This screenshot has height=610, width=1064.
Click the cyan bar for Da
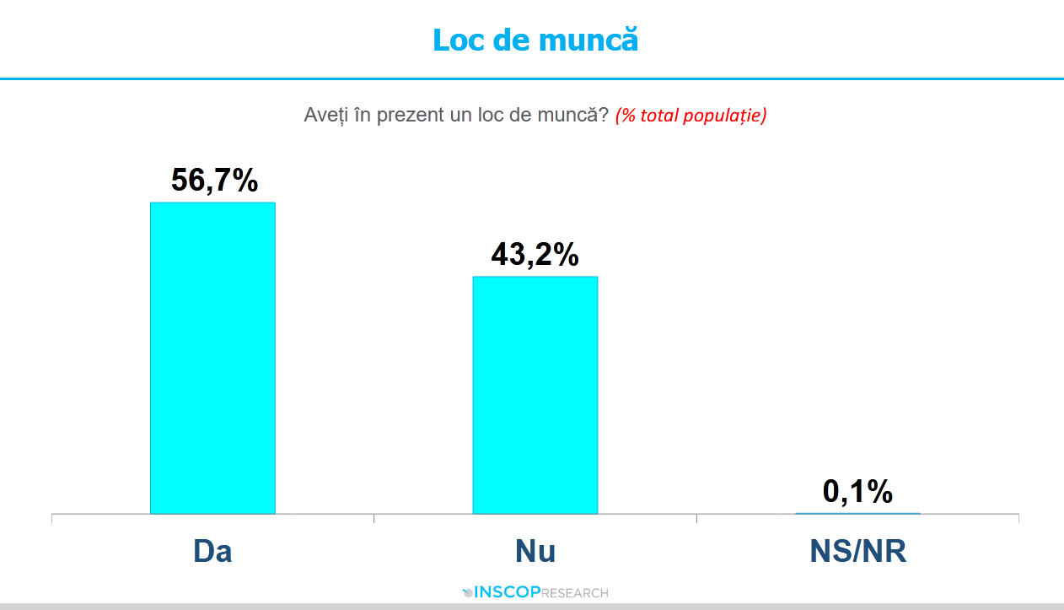[x=212, y=358]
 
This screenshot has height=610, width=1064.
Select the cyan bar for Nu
[x=535, y=395]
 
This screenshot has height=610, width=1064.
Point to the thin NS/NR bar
[x=857, y=513]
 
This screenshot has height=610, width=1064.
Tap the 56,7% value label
[x=214, y=180]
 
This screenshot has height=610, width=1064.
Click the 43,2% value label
[x=535, y=254]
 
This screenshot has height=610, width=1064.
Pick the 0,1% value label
[x=857, y=491]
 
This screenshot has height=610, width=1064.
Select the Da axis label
[x=212, y=551]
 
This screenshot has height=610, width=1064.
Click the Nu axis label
[x=535, y=551]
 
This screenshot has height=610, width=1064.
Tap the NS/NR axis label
[x=857, y=551]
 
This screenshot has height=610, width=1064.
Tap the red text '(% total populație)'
[x=691, y=116]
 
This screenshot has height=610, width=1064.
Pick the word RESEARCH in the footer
[x=574, y=593]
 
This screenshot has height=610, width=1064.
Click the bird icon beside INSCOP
[x=469, y=592]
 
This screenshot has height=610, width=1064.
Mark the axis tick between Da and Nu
[x=373, y=518]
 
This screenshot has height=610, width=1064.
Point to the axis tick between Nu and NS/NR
[x=696, y=518]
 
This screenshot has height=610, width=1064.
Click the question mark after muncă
[x=604, y=115]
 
